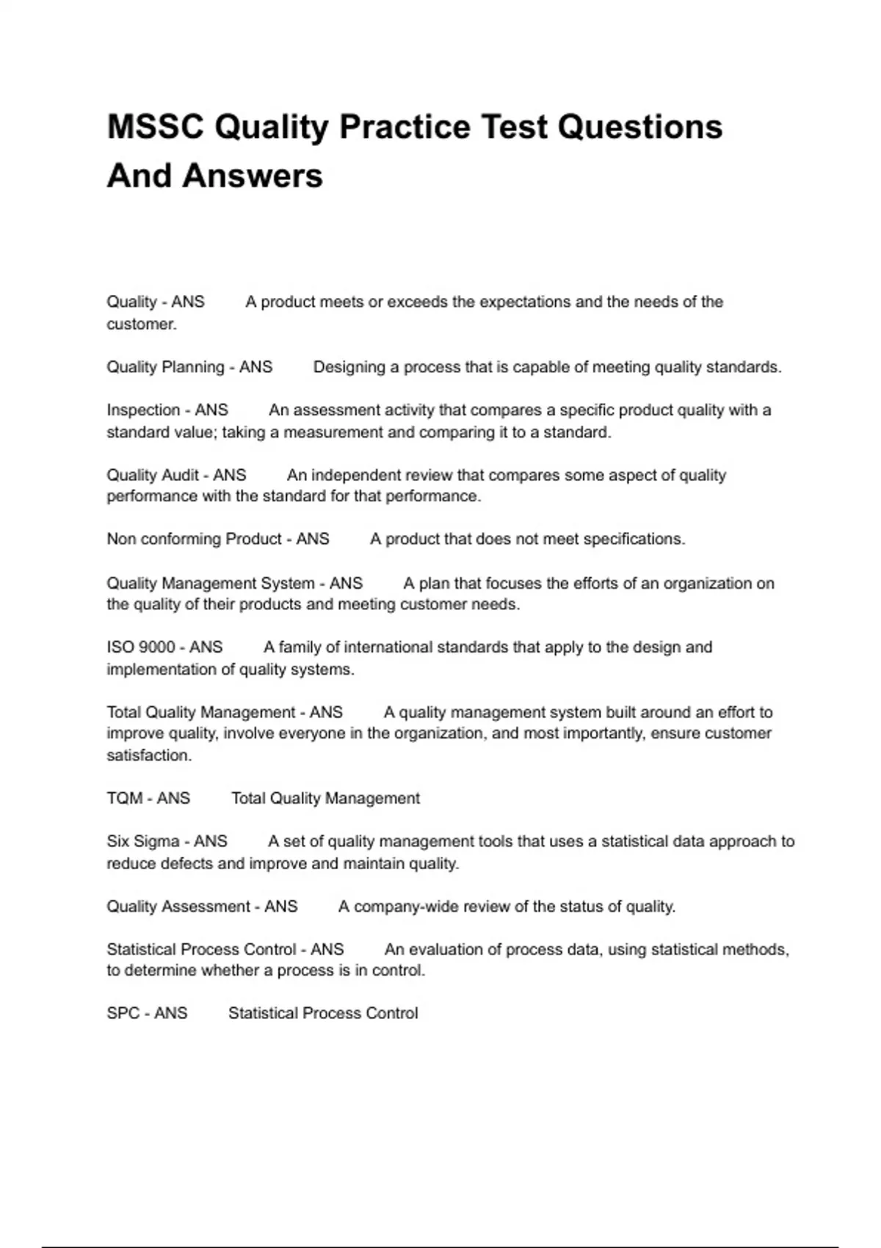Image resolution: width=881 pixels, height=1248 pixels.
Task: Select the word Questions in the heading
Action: pyautogui.click(x=639, y=126)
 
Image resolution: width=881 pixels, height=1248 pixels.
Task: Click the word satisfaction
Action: pyautogui.click(x=149, y=755)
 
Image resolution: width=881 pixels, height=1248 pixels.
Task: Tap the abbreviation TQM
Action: pyautogui.click(x=125, y=798)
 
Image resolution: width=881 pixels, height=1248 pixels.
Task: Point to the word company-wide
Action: pyautogui.click(x=399, y=907)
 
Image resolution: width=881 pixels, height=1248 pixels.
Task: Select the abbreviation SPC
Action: pyautogui.click(x=123, y=1013)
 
